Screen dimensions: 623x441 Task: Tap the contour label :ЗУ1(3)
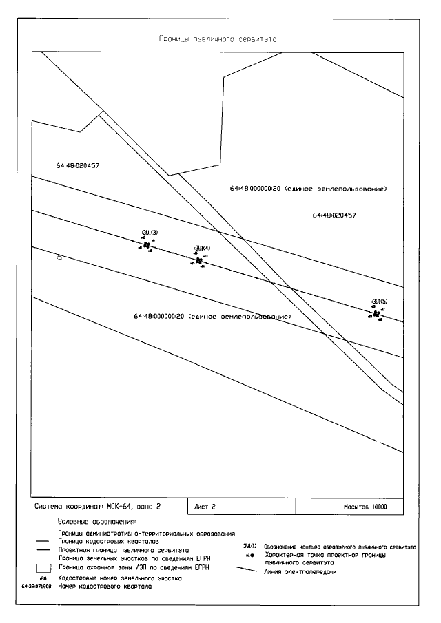(149, 232)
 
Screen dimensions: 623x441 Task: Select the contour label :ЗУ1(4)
(203, 248)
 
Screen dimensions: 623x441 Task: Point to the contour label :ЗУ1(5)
(380, 302)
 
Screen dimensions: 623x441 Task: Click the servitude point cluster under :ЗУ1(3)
(146, 245)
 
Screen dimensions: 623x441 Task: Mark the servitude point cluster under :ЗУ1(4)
(200, 261)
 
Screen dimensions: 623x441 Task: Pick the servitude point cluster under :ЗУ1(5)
(376, 314)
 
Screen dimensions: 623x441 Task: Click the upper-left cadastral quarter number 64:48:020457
(78, 165)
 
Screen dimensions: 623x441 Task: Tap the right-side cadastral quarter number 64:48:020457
(334, 215)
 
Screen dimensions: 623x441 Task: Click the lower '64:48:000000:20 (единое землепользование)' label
(212, 317)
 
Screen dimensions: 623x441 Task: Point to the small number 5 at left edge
(59, 258)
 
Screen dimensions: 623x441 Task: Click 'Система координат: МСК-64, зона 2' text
(98, 506)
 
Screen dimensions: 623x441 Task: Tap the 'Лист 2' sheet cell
(204, 506)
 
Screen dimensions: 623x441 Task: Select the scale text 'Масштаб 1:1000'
(365, 507)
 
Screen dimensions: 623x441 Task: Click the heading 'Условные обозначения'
(97, 524)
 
